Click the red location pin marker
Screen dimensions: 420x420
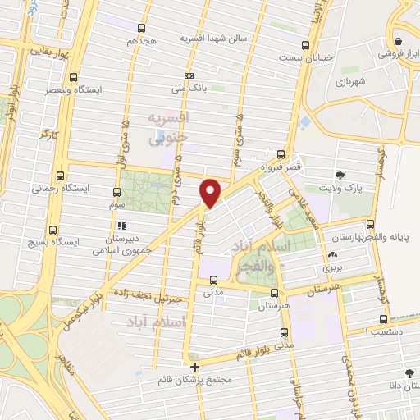pos(211,193)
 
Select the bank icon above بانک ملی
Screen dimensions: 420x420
pos(190,75)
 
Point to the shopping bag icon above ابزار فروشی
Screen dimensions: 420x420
pos(397,41)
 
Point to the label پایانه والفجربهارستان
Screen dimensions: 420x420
pos(380,235)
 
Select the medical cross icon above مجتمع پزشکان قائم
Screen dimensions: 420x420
pos(194,367)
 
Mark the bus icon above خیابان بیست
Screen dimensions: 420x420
pos(306,46)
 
